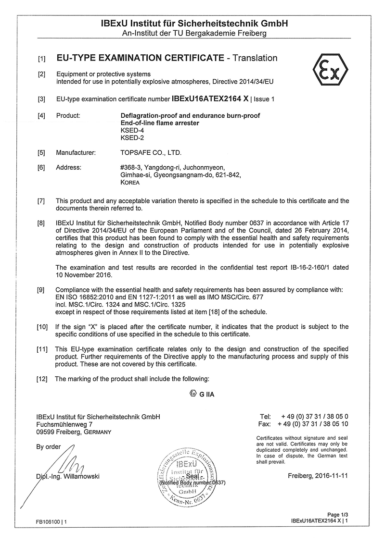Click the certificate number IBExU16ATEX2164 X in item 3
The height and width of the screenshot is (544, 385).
click(210, 99)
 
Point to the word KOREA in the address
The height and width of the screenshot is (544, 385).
click(129, 183)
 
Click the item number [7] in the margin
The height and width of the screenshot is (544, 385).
click(41, 200)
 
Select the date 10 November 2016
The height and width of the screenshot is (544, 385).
click(84, 275)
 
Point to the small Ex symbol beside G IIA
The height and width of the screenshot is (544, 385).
click(193, 393)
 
